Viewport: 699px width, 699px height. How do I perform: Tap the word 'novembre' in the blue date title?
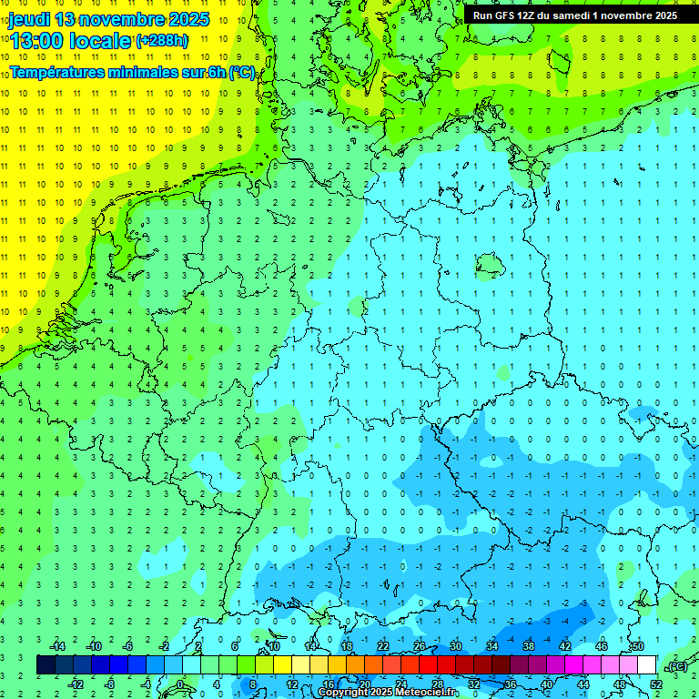click(117, 19)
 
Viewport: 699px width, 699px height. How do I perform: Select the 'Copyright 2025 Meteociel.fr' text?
click(388, 692)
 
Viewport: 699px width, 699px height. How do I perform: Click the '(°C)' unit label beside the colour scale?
click(676, 666)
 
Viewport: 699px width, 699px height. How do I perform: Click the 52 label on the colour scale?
click(655, 684)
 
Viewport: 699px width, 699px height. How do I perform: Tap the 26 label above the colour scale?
click(420, 646)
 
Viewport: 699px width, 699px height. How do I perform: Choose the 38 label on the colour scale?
click(529, 646)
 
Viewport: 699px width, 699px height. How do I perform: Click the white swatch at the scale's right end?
click(646, 664)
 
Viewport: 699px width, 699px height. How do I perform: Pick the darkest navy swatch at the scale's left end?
click(46, 664)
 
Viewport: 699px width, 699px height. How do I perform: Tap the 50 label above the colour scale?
click(638, 646)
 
